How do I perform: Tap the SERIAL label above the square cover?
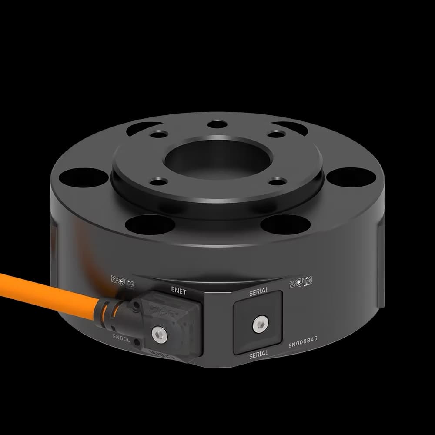click(x=258, y=292)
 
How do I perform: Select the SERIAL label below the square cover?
click(x=258, y=355)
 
